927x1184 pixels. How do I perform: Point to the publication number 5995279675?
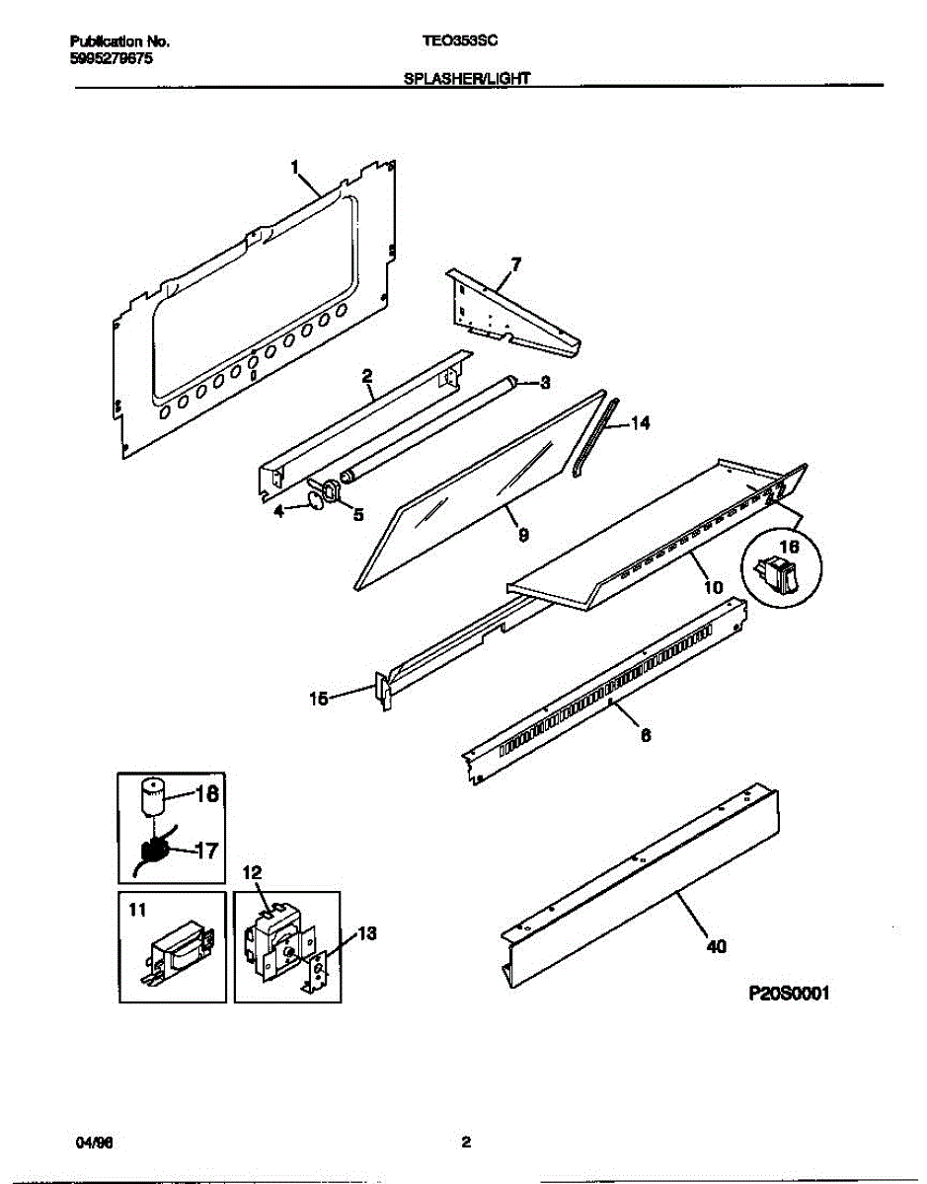point(112,58)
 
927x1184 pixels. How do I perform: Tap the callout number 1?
point(295,168)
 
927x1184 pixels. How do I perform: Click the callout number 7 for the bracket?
point(516,263)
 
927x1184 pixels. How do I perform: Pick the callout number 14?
point(641,424)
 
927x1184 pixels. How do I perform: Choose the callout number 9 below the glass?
point(523,535)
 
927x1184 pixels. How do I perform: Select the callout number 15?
point(319,699)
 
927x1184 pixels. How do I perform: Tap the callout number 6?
point(646,734)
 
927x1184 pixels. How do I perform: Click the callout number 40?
point(717,947)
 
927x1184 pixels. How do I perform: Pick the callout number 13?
point(366,933)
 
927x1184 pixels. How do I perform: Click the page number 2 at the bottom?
point(466,1143)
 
